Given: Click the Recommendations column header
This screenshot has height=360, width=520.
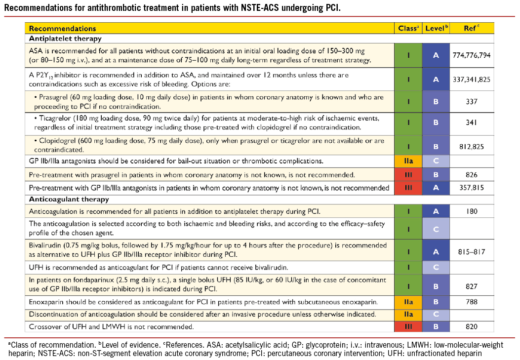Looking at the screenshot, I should (x=62, y=29).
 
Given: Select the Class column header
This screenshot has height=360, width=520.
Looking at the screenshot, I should (x=408, y=29).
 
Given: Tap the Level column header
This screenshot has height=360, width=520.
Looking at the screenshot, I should (x=437, y=29).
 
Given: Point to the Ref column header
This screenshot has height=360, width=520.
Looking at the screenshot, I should (x=471, y=29).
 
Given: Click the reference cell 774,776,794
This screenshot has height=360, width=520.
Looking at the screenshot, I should (x=471, y=55).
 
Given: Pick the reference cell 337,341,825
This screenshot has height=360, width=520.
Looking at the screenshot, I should (x=471, y=79).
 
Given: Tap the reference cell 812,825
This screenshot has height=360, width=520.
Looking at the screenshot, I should (x=471, y=146).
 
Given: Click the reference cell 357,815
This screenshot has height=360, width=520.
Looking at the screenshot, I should (x=471, y=188).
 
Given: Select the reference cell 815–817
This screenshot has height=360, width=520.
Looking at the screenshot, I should (x=471, y=252).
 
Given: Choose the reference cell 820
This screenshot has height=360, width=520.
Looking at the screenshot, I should (x=471, y=326).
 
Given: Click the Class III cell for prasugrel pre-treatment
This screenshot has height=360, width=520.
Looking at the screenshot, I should (x=408, y=174).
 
